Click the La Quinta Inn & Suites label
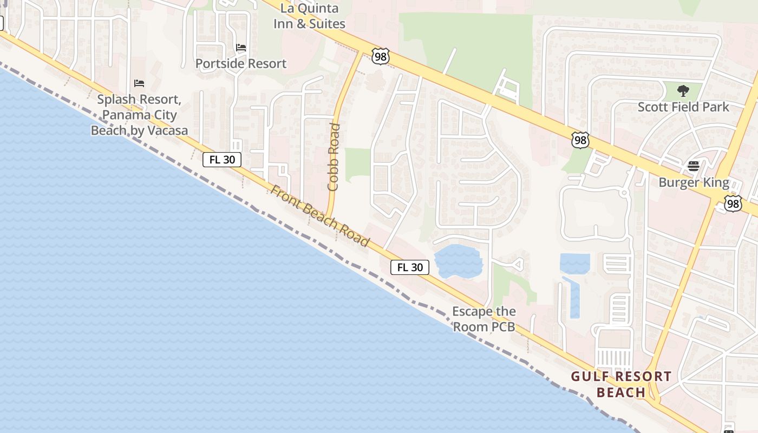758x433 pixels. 309,16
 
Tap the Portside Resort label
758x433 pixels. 240,63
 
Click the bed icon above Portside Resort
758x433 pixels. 241,48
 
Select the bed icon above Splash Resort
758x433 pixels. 139,83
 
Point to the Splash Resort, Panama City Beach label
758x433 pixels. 139,115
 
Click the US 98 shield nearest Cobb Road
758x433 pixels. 381,56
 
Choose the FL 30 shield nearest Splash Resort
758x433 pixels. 222,160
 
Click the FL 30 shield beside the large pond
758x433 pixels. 410,267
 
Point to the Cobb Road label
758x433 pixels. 334,157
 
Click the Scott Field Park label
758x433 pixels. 683,107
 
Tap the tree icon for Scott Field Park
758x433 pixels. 683,90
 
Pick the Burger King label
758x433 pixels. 694,182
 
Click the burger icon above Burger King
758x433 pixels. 694,166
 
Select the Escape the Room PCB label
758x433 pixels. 483,319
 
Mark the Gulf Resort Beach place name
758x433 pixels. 621,384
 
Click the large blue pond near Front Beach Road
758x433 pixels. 458,261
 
